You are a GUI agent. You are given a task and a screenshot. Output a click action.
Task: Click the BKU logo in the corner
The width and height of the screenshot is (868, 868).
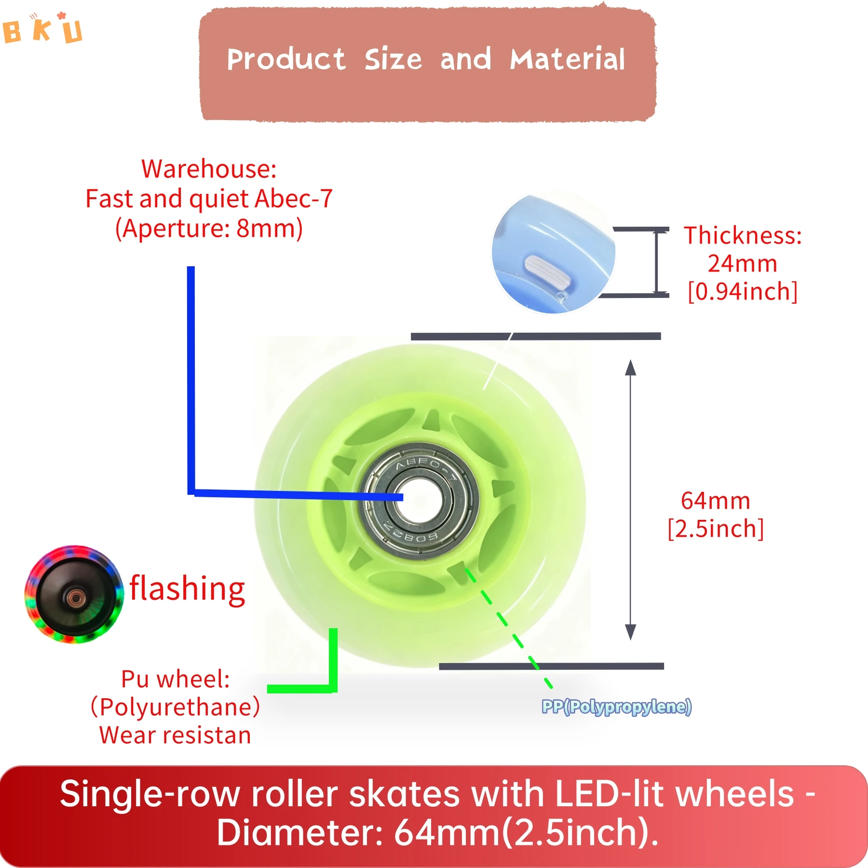pyautogui.click(x=42, y=29)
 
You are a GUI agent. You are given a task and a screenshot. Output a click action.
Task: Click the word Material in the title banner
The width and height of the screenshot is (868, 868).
pyautogui.click(x=567, y=60)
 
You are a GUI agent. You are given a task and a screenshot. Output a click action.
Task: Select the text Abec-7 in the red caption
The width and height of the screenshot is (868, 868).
pyautogui.click(x=294, y=199)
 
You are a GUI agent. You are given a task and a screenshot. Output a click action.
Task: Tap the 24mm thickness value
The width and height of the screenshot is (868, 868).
pyautogui.click(x=742, y=264)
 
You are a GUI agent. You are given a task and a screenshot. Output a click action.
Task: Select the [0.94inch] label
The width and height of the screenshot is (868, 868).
pyautogui.click(x=742, y=292)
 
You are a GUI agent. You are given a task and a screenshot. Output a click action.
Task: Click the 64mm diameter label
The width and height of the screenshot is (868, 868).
pyautogui.click(x=715, y=501)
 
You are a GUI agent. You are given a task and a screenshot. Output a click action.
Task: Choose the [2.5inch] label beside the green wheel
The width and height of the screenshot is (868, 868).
pyautogui.click(x=715, y=529)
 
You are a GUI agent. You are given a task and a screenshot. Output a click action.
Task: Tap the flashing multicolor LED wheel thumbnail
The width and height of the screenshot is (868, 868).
pyautogui.click(x=74, y=595)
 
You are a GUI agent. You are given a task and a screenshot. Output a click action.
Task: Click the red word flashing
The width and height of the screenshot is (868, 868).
pyautogui.click(x=188, y=589)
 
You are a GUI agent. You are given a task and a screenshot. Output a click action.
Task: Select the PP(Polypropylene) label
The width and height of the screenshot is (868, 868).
pyautogui.click(x=616, y=707)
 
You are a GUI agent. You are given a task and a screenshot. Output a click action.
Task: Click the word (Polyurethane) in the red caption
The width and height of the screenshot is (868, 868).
pyautogui.click(x=176, y=707)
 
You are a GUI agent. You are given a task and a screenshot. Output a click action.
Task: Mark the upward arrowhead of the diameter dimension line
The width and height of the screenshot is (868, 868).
pyautogui.click(x=630, y=367)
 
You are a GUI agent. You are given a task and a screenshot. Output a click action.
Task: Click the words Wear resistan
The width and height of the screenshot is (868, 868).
pyautogui.click(x=176, y=735)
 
